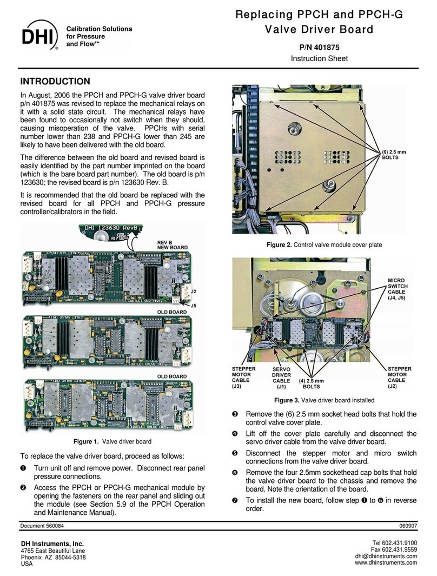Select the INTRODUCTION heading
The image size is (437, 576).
55,82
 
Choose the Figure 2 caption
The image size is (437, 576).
325,245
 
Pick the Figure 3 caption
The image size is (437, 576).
325,400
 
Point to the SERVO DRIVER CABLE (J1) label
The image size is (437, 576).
281,378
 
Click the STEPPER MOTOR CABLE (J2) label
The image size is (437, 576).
399,378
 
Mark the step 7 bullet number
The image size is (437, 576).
235,500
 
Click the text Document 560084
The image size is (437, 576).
42,526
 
